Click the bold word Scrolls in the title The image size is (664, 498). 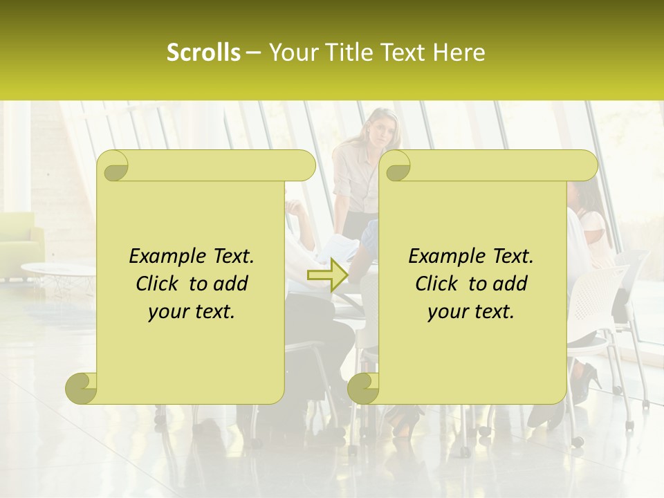(203, 53)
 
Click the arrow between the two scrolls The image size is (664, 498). (327, 275)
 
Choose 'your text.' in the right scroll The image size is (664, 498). (471, 312)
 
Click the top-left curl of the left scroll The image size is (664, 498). (113, 166)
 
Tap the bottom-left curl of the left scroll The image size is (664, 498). (81, 389)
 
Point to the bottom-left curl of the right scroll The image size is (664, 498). (363, 389)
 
